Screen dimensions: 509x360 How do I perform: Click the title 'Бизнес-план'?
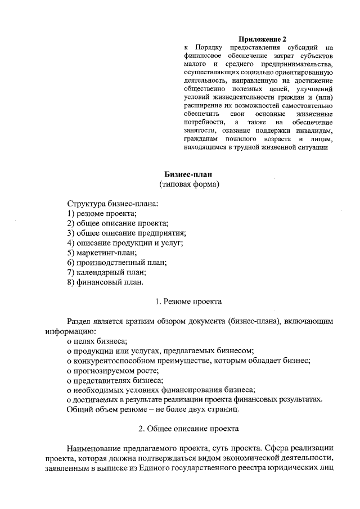(188, 174)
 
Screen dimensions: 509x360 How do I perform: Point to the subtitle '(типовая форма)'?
(188, 184)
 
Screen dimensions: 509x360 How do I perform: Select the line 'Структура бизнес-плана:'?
(112, 204)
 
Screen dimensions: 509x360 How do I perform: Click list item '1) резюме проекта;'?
(102, 213)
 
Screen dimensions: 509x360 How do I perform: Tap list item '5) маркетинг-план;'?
(102, 253)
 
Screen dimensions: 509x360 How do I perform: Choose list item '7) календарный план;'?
(107, 272)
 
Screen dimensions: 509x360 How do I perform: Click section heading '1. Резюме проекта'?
(188, 301)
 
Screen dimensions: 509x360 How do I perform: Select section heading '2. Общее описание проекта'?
(188, 429)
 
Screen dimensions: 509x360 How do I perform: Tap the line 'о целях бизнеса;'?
(97, 341)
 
